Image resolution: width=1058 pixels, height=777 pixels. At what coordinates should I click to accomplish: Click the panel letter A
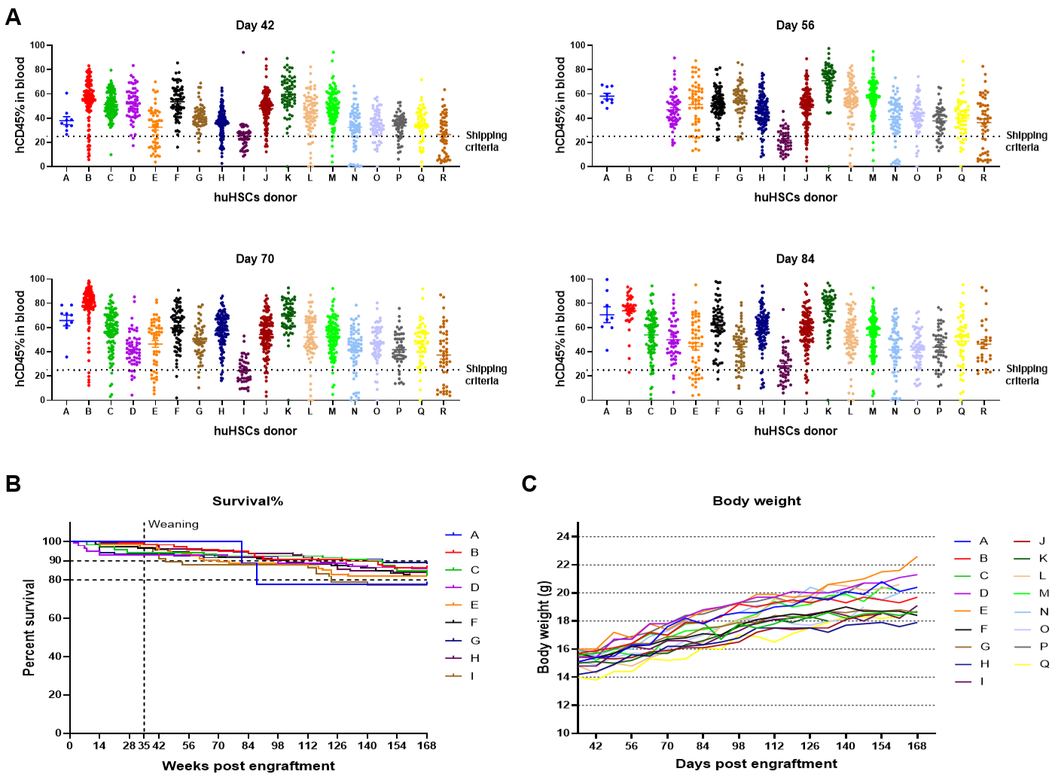13,17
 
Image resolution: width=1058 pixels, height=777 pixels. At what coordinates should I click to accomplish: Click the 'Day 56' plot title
794,26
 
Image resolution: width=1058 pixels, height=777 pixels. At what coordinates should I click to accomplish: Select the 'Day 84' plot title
794,259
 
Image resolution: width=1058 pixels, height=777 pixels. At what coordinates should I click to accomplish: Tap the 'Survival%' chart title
247,501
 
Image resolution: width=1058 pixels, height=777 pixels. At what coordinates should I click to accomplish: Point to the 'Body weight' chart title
756,501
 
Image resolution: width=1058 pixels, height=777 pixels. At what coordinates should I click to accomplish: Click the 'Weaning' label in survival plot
173,525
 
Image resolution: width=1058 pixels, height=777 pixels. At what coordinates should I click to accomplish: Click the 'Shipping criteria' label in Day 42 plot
486,142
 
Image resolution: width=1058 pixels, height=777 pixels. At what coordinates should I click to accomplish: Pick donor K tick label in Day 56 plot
828,178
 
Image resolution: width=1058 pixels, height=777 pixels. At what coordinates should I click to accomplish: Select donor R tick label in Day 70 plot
444,412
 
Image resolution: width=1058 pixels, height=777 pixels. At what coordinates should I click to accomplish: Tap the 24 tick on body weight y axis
563,537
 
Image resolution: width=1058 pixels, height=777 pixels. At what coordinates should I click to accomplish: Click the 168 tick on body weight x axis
916,746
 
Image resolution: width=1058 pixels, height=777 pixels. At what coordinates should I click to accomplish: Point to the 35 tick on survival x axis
143,746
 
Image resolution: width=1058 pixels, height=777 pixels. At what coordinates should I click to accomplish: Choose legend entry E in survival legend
474,605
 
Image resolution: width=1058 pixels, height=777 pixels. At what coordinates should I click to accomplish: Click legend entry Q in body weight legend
1044,664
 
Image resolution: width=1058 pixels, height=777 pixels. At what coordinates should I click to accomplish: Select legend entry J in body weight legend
1042,541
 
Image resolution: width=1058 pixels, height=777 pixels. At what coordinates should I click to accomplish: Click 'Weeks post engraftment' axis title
248,766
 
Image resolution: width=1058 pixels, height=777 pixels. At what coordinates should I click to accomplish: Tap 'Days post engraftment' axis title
756,764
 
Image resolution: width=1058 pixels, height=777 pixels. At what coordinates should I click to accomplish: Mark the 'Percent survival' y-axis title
29,627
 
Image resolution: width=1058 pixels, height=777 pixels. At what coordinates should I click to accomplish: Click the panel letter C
529,483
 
